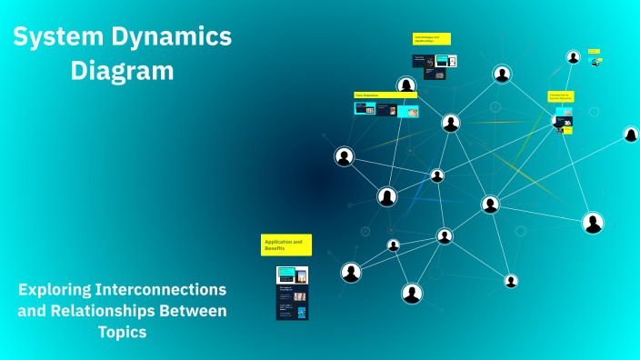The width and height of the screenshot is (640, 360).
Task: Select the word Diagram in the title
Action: [123, 70]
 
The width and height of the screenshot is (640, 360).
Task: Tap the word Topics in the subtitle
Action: [122, 333]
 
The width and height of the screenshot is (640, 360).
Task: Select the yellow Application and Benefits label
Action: [285, 245]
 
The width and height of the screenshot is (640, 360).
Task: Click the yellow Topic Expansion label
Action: [385, 95]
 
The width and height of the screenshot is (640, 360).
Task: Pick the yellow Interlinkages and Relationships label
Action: [431, 39]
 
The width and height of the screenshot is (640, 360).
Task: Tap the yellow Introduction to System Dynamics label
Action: [560, 95]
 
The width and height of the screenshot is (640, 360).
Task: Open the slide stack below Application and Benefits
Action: [292, 293]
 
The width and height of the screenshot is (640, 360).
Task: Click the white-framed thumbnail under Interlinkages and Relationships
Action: [445, 61]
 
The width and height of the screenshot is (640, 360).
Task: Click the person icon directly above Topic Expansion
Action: [406, 85]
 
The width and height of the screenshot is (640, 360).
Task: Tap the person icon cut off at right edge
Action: [631, 135]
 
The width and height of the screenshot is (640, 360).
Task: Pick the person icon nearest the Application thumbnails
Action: [351, 272]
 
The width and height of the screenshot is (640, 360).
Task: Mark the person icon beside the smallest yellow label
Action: [574, 57]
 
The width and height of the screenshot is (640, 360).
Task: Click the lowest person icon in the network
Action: [412, 293]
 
